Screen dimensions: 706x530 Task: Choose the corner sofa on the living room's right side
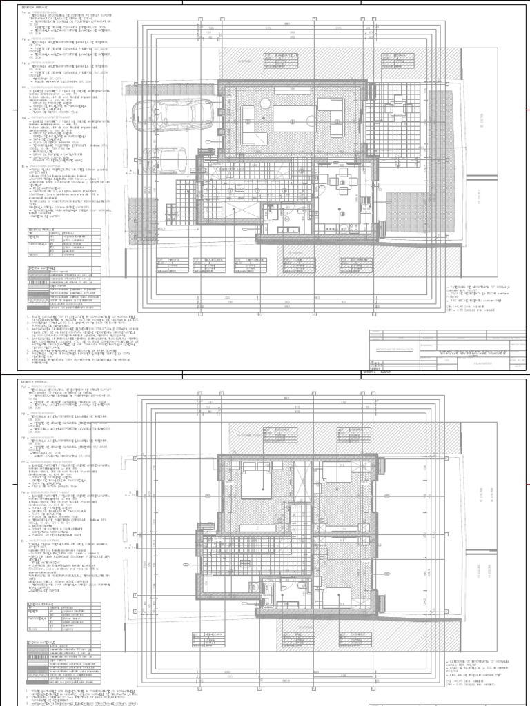332,114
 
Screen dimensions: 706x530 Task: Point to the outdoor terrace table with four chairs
396,109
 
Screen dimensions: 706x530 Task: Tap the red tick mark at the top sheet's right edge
527,110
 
